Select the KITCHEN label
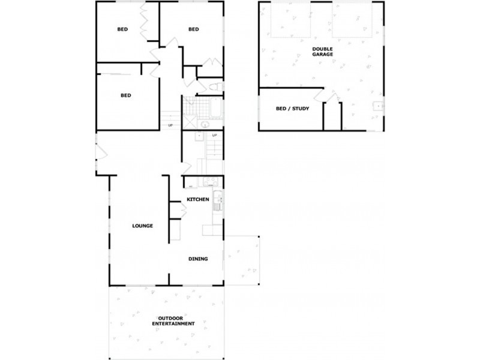click(x=197, y=199)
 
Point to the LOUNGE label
click(x=143, y=226)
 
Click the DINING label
click(x=198, y=259)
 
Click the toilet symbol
click(x=217, y=88)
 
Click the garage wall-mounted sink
click(x=377, y=108)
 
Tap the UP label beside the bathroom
click(x=170, y=125)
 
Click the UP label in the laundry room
click(x=214, y=135)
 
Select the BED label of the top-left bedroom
click(x=122, y=29)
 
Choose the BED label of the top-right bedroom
click(x=193, y=29)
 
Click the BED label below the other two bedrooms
click(x=125, y=95)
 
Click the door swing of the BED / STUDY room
click(x=317, y=96)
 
